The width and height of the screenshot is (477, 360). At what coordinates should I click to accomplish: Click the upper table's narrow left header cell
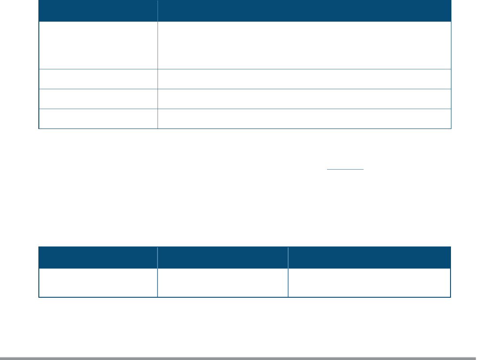pyautogui.click(x=98, y=11)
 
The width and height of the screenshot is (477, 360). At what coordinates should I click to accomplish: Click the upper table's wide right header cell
pyautogui.click(x=304, y=11)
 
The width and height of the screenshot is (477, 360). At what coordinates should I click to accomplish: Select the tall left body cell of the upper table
pyautogui.click(x=98, y=45)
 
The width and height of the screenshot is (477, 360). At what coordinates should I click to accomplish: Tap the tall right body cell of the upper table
pyautogui.click(x=304, y=45)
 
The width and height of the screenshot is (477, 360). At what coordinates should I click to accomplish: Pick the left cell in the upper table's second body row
pyautogui.click(x=98, y=79)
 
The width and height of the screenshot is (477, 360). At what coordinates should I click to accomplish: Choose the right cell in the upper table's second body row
pyautogui.click(x=304, y=79)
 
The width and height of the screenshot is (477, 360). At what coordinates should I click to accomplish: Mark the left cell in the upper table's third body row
pyautogui.click(x=98, y=99)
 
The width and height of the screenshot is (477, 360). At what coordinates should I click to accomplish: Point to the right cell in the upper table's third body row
pyautogui.click(x=304, y=99)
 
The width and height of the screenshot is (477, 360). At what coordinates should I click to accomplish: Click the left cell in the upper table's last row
pyautogui.click(x=98, y=118)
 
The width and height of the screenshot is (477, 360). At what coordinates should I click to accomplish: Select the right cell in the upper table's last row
pyautogui.click(x=304, y=118)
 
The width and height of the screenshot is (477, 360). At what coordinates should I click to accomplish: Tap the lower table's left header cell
pyautogui.click(x=98, y=257)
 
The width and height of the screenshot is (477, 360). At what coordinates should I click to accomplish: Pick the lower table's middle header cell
pyautogui.click(x=223, y=257)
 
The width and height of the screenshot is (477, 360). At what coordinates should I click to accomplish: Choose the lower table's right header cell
pyautogui.click(x=369, y=257)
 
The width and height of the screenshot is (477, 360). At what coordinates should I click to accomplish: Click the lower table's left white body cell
pyautogui.click(x=98, y=282)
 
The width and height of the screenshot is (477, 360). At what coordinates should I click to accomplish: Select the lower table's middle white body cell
pyautogui.click(x=223, y=282)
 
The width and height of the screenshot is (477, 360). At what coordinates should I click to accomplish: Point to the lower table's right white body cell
pyautogui.click(x=369, y=282)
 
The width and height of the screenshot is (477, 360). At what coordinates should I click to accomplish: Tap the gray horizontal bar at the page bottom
pyautogui.click(x=238, y=358)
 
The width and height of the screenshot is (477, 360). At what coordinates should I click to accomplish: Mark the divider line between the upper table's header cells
pyautogui.click(x=158, y=11)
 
